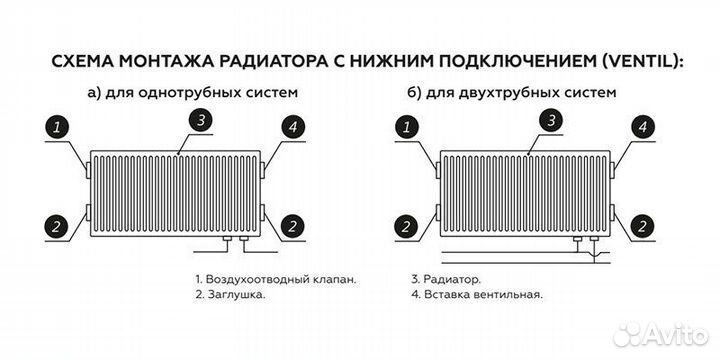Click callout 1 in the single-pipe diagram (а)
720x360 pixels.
pos(58,128)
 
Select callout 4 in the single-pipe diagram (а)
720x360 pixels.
pos(292,128)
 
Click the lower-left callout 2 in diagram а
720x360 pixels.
pos(58,225)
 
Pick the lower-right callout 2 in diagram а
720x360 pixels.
pos(292,225)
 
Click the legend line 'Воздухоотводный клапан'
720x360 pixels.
pos(275,279)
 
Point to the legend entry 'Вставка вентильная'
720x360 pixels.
pos(476,296)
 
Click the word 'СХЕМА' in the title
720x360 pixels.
pos(85,60)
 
